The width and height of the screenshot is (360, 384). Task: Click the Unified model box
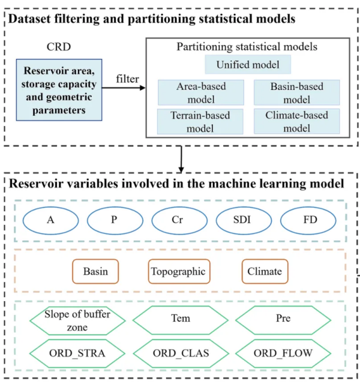247,64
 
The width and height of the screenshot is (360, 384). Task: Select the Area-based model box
201,92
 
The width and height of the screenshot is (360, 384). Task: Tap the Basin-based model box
296,92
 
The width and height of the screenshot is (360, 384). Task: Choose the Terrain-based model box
201,121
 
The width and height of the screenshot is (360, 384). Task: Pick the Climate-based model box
296,121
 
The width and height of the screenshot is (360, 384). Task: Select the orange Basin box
95,271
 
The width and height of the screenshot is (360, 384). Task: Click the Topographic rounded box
179,271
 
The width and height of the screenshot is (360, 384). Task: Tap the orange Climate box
265,271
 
